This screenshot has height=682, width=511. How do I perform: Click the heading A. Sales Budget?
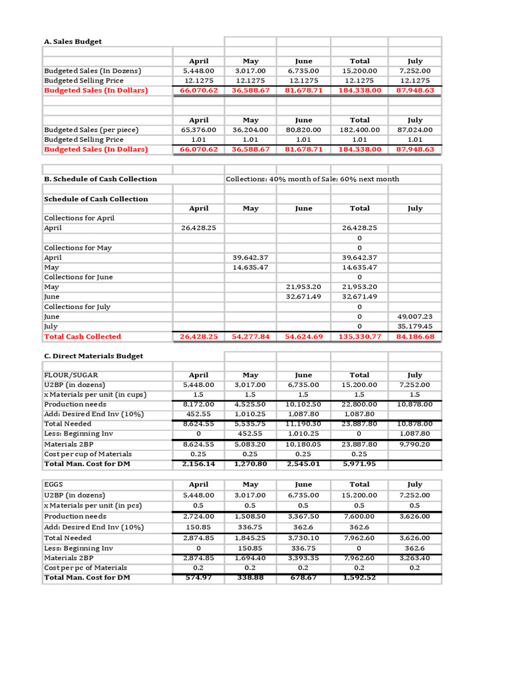coord(73,42)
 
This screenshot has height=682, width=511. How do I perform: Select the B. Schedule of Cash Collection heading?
coord(100,179)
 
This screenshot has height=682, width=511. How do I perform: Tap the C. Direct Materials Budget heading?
coord(93,356)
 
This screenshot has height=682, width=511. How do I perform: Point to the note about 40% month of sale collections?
coord(312,179)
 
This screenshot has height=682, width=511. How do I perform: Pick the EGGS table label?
coord(53,486)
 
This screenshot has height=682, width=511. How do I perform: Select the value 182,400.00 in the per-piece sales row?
coord(359,130)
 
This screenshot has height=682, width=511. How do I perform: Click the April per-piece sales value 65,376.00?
coord(198,130)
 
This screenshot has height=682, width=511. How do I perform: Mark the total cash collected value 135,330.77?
coord(359,337)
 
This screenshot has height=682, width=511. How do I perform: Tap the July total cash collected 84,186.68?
coord(415,337)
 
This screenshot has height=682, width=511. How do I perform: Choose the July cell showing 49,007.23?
coord(415,317)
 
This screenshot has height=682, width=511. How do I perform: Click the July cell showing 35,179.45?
coord(415,327)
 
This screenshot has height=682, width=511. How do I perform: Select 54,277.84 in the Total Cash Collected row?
coord(251,337)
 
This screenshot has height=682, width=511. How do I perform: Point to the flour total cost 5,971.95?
coord(359,464)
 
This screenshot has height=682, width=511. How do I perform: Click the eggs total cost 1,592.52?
coord(359,577)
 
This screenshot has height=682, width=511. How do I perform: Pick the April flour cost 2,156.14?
coord(198,464)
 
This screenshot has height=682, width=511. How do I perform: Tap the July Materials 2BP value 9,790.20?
coord(415,444)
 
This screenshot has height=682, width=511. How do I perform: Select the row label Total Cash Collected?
coord(83,337)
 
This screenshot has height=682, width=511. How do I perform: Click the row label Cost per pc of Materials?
coord(85,567)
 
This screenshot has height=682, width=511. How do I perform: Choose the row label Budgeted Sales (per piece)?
coord(92,130)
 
